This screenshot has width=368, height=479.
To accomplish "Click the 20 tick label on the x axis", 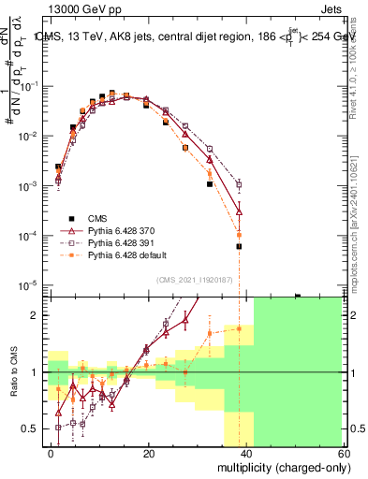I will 149,452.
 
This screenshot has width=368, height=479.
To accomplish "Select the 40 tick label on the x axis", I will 246,452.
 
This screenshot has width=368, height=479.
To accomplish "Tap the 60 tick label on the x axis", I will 343,452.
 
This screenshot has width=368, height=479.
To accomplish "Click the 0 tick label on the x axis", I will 52,452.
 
